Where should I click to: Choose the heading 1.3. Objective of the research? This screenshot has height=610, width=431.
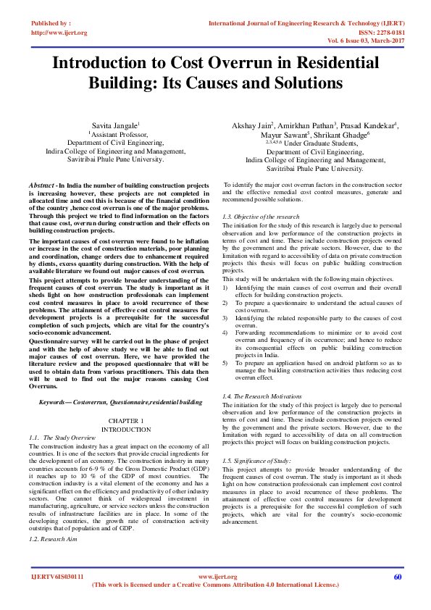(x=261, y=217)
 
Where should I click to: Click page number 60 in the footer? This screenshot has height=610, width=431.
(x=397, y=577)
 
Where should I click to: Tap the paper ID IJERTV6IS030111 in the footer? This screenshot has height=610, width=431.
(x=57, y=577)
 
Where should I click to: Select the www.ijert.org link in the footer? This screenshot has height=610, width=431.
(x=214, y=577)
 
